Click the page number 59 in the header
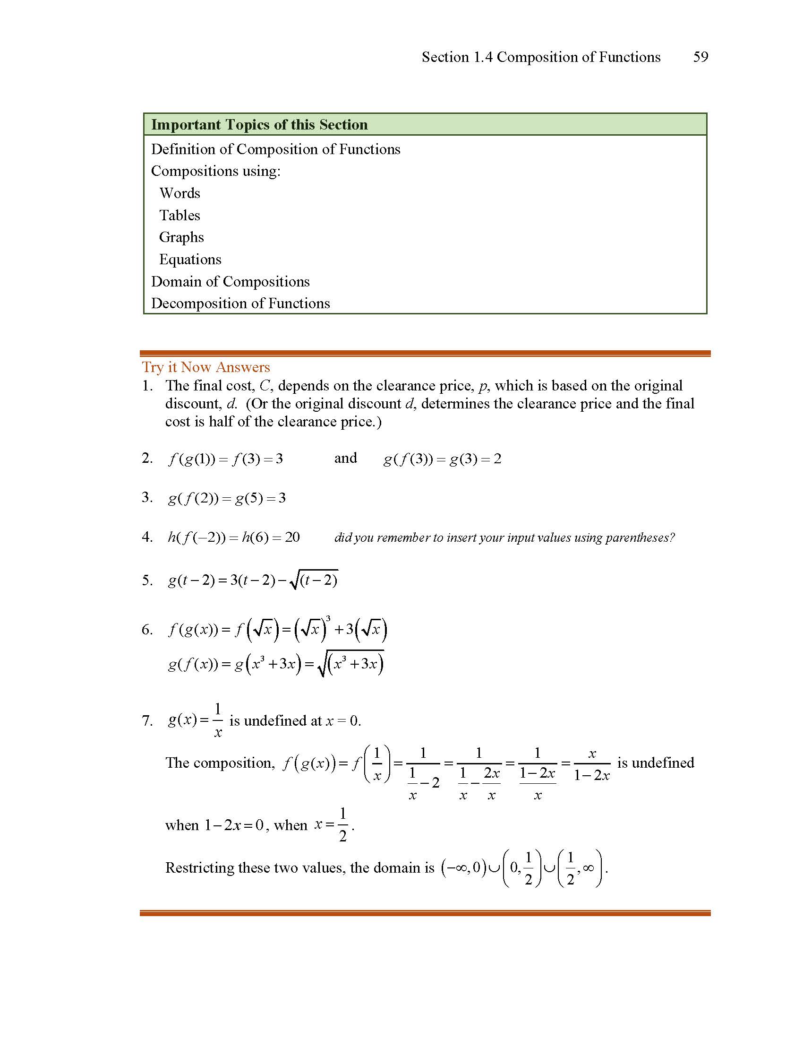coord(700,57)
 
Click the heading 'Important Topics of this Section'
coord(259,125)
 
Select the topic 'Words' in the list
coord(180,193)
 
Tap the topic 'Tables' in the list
coord(180,215)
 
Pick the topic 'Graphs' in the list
coord(181,237)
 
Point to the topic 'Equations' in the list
coord(190,260)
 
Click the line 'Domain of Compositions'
coord(230,281)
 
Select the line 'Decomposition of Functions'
coord(240,303)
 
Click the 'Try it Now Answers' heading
coord(205,367)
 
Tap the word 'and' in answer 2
coord(345,458)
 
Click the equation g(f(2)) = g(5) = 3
coord(226,498)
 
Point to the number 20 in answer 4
coord(292,537)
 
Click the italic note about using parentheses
coord(504,537)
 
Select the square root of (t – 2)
coord(314,581)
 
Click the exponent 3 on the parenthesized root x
coord(328,619)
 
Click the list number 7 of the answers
coord(147,720)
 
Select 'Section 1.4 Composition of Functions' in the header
coord(541,57)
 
